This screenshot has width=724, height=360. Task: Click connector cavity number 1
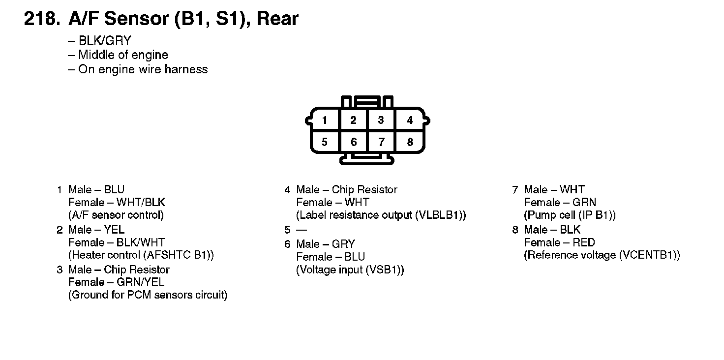[325, 120]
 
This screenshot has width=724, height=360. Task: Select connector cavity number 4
[410, 120]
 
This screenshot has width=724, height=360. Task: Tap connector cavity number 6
[354, 142]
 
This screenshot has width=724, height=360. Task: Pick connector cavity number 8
[410, 142]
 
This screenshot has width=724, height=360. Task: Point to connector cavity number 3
[381, 120]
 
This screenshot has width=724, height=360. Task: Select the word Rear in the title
[277, 19]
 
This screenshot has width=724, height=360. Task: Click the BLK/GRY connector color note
[105, 41]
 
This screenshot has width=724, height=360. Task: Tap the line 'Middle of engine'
[123, 55]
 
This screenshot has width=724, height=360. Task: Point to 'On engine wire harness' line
[143, 69]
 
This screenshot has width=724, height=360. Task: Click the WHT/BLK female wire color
[141, 203]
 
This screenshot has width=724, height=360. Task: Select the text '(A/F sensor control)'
[116, 215]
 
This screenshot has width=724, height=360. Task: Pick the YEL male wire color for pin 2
[114, 230]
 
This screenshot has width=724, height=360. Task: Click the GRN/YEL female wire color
[140, 282]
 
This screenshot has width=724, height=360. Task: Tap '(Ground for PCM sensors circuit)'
[148, 295]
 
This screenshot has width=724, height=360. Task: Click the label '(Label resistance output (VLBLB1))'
[381, 215]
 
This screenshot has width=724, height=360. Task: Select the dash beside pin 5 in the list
[301, 230]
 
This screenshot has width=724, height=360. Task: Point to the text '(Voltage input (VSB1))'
[350, 270]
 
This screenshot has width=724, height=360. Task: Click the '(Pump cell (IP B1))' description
[570, 215]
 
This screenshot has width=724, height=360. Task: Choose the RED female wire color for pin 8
[584, 242]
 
